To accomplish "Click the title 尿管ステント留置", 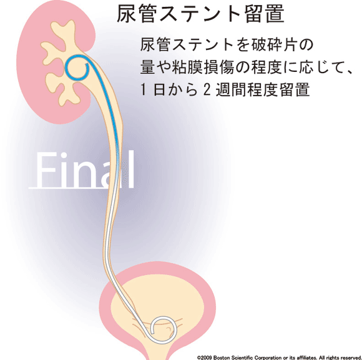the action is point(200,14).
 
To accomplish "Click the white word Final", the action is point(85,170).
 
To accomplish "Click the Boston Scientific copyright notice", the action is point(279,357).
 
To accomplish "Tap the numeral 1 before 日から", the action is point(144,89).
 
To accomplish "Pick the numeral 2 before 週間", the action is point(207,89).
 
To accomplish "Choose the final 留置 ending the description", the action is point(294,89).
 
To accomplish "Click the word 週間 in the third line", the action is point(231,89).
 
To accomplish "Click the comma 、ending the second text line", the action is point(350,72).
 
